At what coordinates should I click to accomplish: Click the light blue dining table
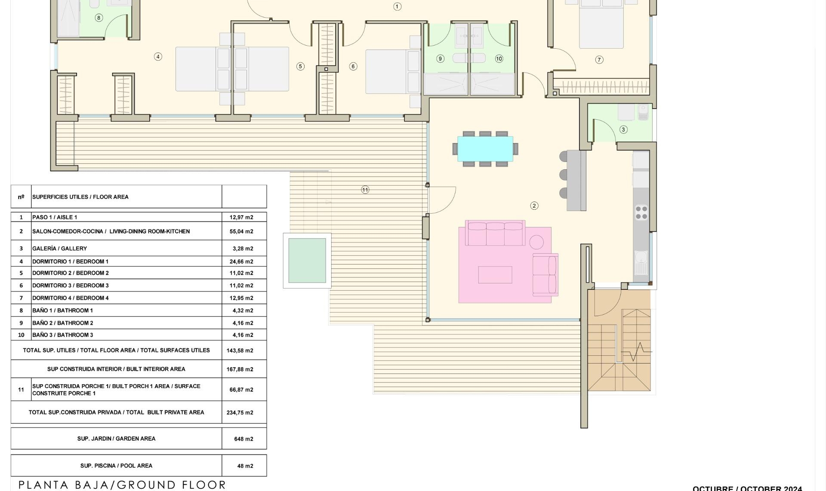[485, 149]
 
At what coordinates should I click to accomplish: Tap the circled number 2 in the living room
[534, 206]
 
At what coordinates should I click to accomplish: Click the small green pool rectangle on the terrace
[307, 261]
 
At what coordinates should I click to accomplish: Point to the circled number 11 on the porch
[365, 190]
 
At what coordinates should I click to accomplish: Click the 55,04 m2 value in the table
[241, 232]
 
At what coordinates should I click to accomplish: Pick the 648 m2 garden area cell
[243, 439]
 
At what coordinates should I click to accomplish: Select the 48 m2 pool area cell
[245, 466]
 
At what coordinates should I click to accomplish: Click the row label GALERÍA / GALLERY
[59, 249]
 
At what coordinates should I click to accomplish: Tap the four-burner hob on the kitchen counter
[641, 213]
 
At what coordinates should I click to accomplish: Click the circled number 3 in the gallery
[623, 130]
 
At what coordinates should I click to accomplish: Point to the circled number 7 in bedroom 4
[599, 60]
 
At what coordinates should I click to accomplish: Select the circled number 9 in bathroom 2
[440, 59]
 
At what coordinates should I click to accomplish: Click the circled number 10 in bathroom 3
[499, 59]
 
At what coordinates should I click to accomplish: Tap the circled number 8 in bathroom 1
[99, 18]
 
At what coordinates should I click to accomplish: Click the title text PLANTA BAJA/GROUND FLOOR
[122, 485]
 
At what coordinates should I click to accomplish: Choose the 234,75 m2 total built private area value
[240, 413]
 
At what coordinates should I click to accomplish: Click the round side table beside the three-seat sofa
[536, 242]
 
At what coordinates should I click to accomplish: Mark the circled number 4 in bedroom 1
[158, 57]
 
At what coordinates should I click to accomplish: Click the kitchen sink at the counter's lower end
[641, 262]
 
